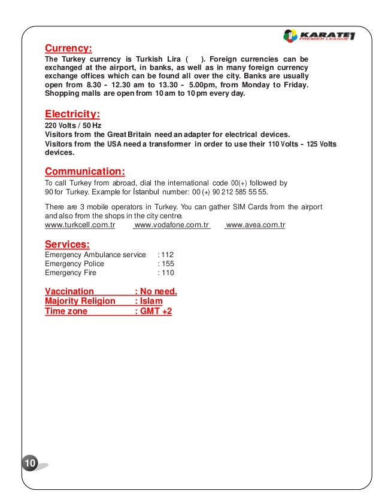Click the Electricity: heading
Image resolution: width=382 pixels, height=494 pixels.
[72, 114]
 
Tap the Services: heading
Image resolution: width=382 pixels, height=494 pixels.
[68, 243]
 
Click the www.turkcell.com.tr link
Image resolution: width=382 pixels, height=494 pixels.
[80, 225]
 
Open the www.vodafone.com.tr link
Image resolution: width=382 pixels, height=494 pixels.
[172, 225]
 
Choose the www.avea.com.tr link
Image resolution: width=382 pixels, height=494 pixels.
[256, 225]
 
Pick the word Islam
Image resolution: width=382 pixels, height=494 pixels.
[151, 301]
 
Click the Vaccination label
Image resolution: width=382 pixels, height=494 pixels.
[69, 292]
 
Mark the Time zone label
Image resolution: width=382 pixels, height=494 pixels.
[66, 312]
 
